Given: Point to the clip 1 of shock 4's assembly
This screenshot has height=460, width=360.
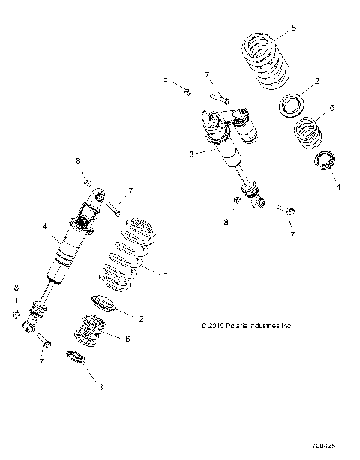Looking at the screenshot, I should tap(78, 359).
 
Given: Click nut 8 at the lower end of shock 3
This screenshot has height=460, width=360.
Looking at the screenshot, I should tap(238, 200).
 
